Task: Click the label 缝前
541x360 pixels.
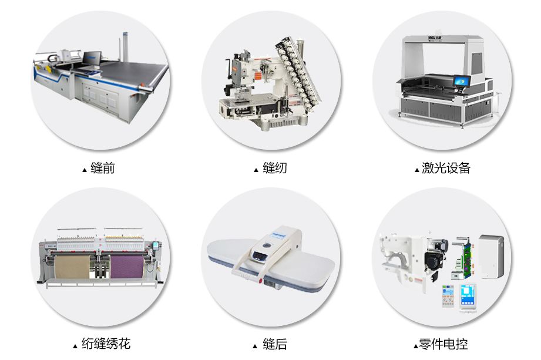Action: [x=102, y=168]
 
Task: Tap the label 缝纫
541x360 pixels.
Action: [x=275, y=168]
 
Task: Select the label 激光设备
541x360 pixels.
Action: [x=446, y=168]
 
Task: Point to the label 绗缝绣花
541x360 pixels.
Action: [x=106, y=344]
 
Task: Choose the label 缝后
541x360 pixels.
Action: [x=275, y=344]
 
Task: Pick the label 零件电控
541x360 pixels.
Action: [x=443, y=344]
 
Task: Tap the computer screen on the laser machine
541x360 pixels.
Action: [x=461, y=82]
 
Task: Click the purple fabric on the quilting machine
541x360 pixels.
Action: [x=127, y=266]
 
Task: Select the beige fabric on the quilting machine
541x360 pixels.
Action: [x=72, y=266]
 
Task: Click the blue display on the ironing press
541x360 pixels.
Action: [x=260, y=255]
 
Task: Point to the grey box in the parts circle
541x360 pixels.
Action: [x=490, y=257]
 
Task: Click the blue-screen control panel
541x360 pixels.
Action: [x=468, y=296]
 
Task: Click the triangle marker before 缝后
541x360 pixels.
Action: [x=255, y=346]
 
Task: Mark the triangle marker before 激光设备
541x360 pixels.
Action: [x=417, y=170]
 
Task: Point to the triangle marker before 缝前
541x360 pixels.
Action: [x=85, y=170]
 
